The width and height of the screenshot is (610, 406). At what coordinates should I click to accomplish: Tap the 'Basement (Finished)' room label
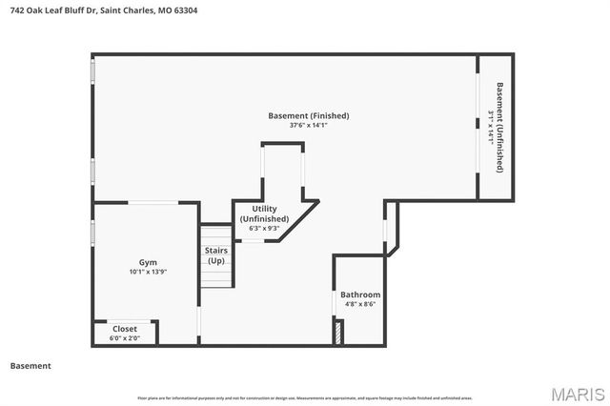[x=308, y=115]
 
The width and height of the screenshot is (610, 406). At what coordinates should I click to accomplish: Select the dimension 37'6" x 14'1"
[x=308, y=124]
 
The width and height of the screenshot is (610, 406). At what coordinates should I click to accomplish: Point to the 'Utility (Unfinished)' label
[x=265, y=213]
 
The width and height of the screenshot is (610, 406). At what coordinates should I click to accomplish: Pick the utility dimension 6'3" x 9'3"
[x=265, y=228]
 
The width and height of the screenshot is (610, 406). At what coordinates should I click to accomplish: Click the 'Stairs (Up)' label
[x=216, y=255]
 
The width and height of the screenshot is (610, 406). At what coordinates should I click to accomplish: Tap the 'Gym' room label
[x=148, y=262]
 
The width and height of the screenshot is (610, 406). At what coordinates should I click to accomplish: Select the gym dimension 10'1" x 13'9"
[x=148, y=272]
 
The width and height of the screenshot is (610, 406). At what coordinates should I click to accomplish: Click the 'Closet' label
[x=125, y=329]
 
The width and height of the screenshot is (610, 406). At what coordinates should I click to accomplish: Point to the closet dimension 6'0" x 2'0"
[x=125, y=338]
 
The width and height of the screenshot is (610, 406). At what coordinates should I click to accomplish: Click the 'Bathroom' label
[x=360, y=294]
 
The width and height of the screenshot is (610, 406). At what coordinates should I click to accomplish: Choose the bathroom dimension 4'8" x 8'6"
[x=360, y=305]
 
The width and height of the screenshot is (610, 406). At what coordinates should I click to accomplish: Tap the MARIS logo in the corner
[x=577, y=393]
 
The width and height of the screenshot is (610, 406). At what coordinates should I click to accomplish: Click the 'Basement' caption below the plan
[x=30, y=366]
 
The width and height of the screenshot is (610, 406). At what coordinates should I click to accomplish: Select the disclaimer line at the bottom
[x=305, y=397]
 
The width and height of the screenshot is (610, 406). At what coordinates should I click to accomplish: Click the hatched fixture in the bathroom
[x=338, y=333]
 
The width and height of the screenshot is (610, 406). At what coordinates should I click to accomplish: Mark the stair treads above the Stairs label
[x=216, y=234]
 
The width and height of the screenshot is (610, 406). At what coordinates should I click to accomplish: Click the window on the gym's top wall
[x=152, y=202]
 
